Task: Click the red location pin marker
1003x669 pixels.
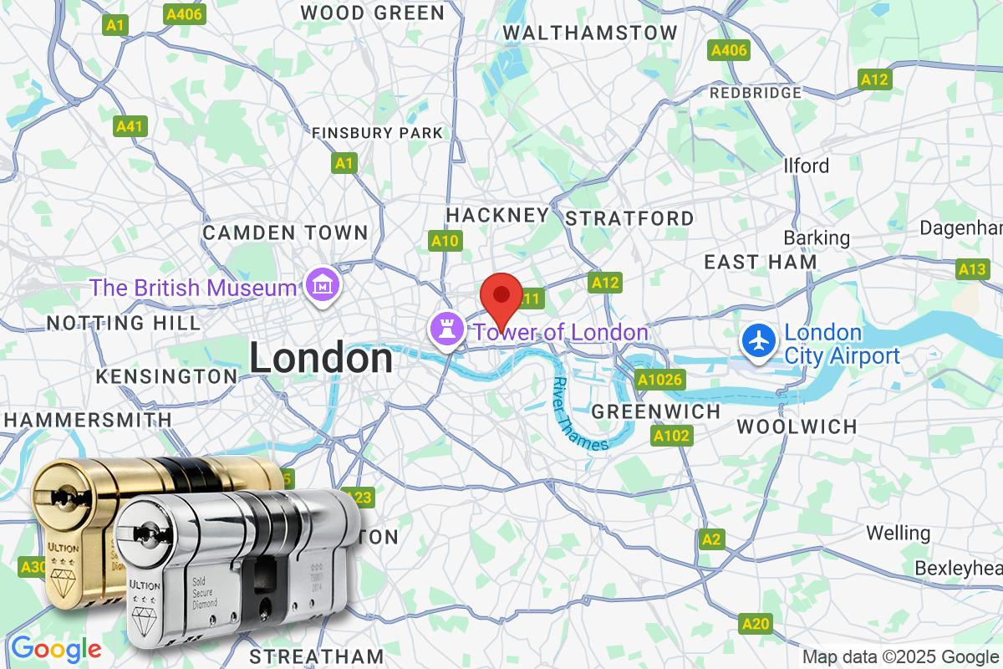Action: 501,295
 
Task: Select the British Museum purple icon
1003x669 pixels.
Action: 322,287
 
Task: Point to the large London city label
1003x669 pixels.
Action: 321,359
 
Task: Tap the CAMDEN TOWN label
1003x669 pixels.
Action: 285,232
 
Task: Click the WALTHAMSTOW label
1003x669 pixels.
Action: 590,33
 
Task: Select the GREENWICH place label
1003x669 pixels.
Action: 655,411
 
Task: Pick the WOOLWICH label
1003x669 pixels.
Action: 797,426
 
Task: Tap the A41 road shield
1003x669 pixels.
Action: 130,126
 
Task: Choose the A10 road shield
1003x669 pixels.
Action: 445,241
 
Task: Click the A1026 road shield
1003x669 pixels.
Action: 660,380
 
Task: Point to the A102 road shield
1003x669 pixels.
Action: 671,436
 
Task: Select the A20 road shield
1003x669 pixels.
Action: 756,623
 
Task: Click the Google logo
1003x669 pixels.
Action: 56,648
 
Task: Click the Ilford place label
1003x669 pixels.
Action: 806,166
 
